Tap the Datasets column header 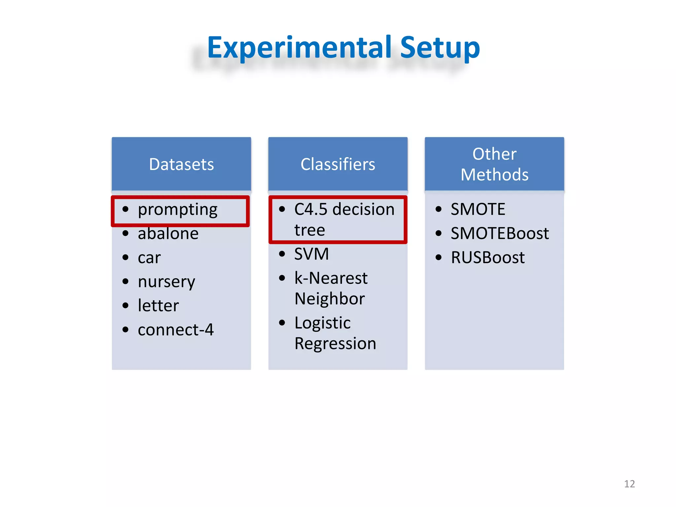point(181,164)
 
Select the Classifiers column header point(338,164)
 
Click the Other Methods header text point(494,164)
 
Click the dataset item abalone point(168,234)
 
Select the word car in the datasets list point(149,258)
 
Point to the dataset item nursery point(166,282)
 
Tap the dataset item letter point(158,306)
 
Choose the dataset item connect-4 point(176,330)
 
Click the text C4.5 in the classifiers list point(311,210)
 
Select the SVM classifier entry point(311,254)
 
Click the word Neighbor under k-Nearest point(329,299)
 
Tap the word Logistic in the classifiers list point(322,323)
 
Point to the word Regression point(335,344)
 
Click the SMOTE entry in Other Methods point(478,210)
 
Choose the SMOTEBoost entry point(499,234)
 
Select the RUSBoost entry point(488,258)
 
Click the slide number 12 point(629,484)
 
